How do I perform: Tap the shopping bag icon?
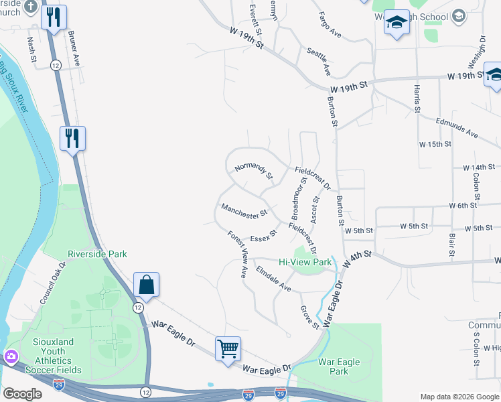146,285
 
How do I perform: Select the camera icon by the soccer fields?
10,356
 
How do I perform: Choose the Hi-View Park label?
305,262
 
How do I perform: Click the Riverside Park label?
97,254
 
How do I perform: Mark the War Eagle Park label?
339,366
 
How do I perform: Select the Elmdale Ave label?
273,280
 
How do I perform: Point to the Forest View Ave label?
238,255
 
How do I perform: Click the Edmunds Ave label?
457,127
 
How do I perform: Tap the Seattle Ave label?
319,61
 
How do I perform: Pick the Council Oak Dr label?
54,283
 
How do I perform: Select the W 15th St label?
435,144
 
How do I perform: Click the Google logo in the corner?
22,394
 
